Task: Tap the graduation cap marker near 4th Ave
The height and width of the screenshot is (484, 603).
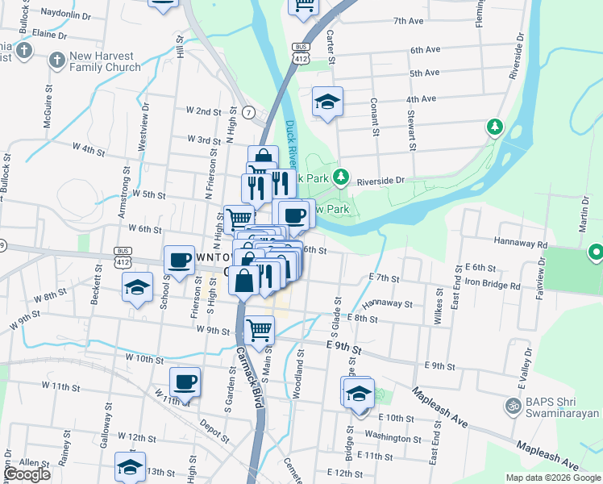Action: click(x=327, y=102)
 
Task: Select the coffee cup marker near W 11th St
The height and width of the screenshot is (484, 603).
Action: click(x=185, y=382)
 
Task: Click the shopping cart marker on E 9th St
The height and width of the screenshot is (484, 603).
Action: click(x=259, y=330)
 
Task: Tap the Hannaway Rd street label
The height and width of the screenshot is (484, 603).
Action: click(x=520, y=243)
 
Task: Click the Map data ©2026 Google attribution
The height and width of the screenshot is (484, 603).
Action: click(x=552, y=478)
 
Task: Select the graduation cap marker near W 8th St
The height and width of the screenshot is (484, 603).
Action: click(x=138, y=287)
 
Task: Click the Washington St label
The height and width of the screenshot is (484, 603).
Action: click(x=388, y=436)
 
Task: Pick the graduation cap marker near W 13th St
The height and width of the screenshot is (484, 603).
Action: click(x=129, y=467)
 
